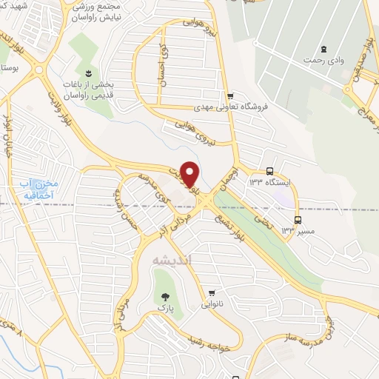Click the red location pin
tap(189, 172)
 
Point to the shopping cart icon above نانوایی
tap(213, 292)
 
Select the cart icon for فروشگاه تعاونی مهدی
tap(230, 95)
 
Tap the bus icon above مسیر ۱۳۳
tap(298, 220)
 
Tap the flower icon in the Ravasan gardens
tap(87, 73)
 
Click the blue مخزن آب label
tap(36, 189)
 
